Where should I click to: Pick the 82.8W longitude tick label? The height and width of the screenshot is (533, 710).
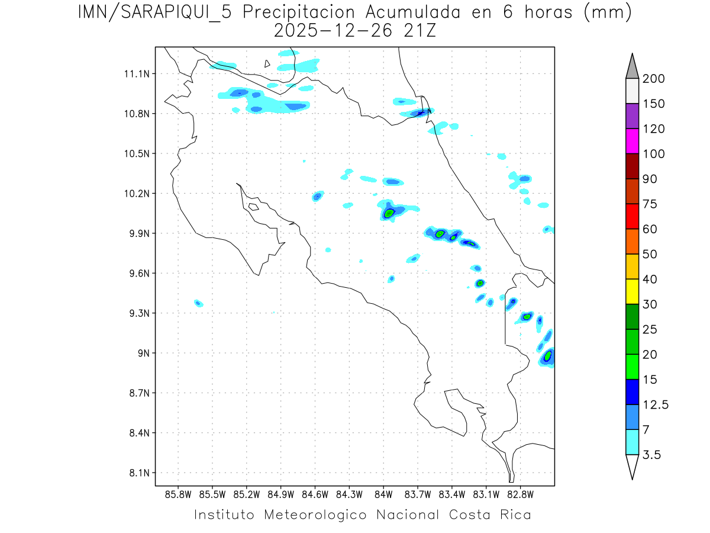(520, 494)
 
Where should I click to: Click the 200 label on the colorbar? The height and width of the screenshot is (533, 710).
(653, 79)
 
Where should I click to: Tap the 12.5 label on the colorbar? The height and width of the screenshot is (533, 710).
(656, 404)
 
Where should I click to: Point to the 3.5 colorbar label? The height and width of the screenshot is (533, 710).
(653, 455)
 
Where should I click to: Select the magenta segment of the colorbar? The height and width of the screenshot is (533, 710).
(631, 141)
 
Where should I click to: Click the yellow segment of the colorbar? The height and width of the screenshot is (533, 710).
(631, 291)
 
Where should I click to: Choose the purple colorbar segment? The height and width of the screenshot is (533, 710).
(631, 116)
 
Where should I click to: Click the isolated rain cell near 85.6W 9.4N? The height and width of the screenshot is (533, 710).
(199, 303)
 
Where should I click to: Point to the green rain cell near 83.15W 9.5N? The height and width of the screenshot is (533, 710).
(480, 282)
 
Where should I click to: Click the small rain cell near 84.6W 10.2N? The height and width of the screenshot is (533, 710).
(318, 196)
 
